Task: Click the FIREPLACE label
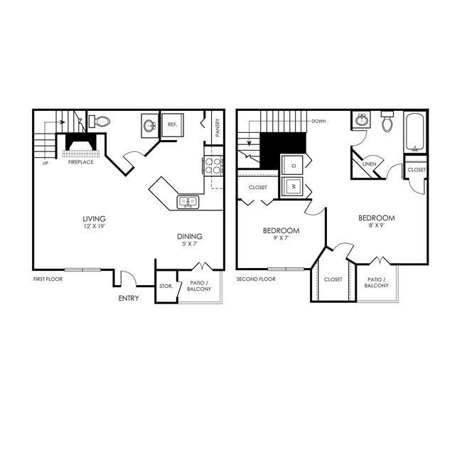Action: pyautogui.click(x=80, y=162)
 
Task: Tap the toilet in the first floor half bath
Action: pyautogui.click(x=102, y=122)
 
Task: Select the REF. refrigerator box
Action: pyautogui.click(x=172, y=124)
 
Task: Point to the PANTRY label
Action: pyautogui.click(x=217, y=128)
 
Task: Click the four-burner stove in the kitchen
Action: pyautogui.click(x=214, y=166)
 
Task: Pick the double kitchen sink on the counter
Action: pyautogui.click(x=188, y=202)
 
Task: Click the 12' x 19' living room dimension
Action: pyautogui.click(x=94, y=226)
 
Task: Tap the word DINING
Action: pyautogui.click(x=190, y=237)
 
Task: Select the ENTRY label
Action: pyautogui.click(x=129, y=298)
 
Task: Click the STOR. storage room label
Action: pyautogui.click(x=166, y=286)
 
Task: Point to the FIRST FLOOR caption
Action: pyautogui.click(x=48, y=279)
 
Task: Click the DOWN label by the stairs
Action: pyautogui.click(x=318, y=121)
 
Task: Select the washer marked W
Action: pyautogui.click(x=293, y=188)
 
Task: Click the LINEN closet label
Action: pyautogui.click(x=369, y=164)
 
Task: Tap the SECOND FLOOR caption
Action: pyautogui.click(x=256, y=279)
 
